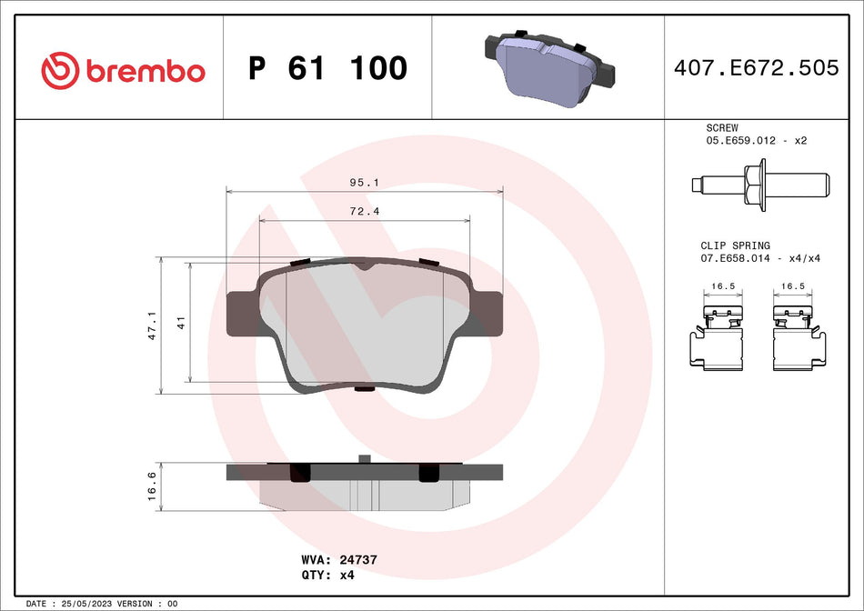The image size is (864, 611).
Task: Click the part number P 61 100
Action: click(327, 68)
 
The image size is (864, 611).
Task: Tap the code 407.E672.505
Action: click(756, 68)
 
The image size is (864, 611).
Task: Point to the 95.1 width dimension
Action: click(364, 183)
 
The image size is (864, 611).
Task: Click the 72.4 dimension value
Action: click(364, 211)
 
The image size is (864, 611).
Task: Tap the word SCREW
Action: click(722, 128)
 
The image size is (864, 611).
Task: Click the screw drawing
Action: click(759, 185)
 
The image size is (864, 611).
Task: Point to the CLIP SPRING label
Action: click(735, 245)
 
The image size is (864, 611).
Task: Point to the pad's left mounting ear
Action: click(242, 314)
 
